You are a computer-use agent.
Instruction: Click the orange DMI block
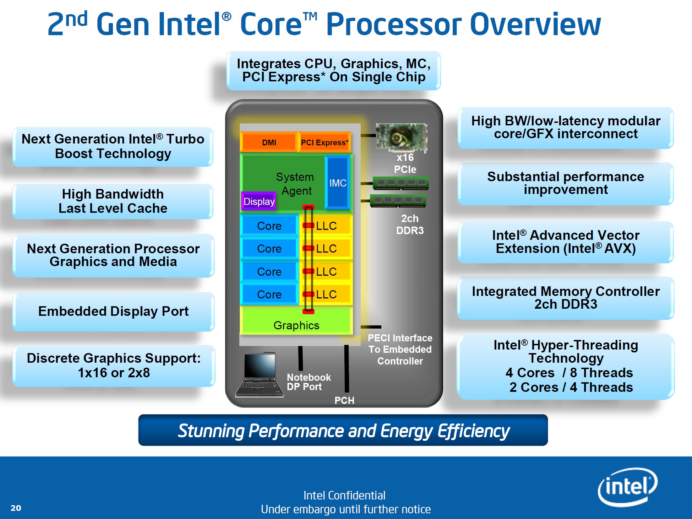point(269,142)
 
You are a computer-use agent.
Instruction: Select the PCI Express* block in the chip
point(325,142)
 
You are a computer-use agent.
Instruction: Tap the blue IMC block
point(338,183)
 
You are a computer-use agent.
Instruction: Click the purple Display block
point(259,201)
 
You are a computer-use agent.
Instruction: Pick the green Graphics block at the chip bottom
point(296,321)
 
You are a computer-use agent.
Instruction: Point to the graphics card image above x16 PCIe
point(401,137)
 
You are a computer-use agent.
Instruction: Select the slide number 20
point(16,508)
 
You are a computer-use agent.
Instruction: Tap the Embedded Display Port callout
point(114,312)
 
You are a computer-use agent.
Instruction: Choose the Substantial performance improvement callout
point(566,184)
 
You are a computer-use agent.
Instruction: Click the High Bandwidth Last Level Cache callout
point(113,201)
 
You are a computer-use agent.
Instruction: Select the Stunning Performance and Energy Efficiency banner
point(343,430)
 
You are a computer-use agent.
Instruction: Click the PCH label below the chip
point(344,400)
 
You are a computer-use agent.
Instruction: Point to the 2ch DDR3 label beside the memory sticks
point(410,225)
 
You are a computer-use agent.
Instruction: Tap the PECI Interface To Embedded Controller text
point(400,350)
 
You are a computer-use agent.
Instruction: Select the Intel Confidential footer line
point(344,495)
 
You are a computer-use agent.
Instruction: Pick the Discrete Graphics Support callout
point(114,366)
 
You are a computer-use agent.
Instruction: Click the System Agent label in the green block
point(295,184)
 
